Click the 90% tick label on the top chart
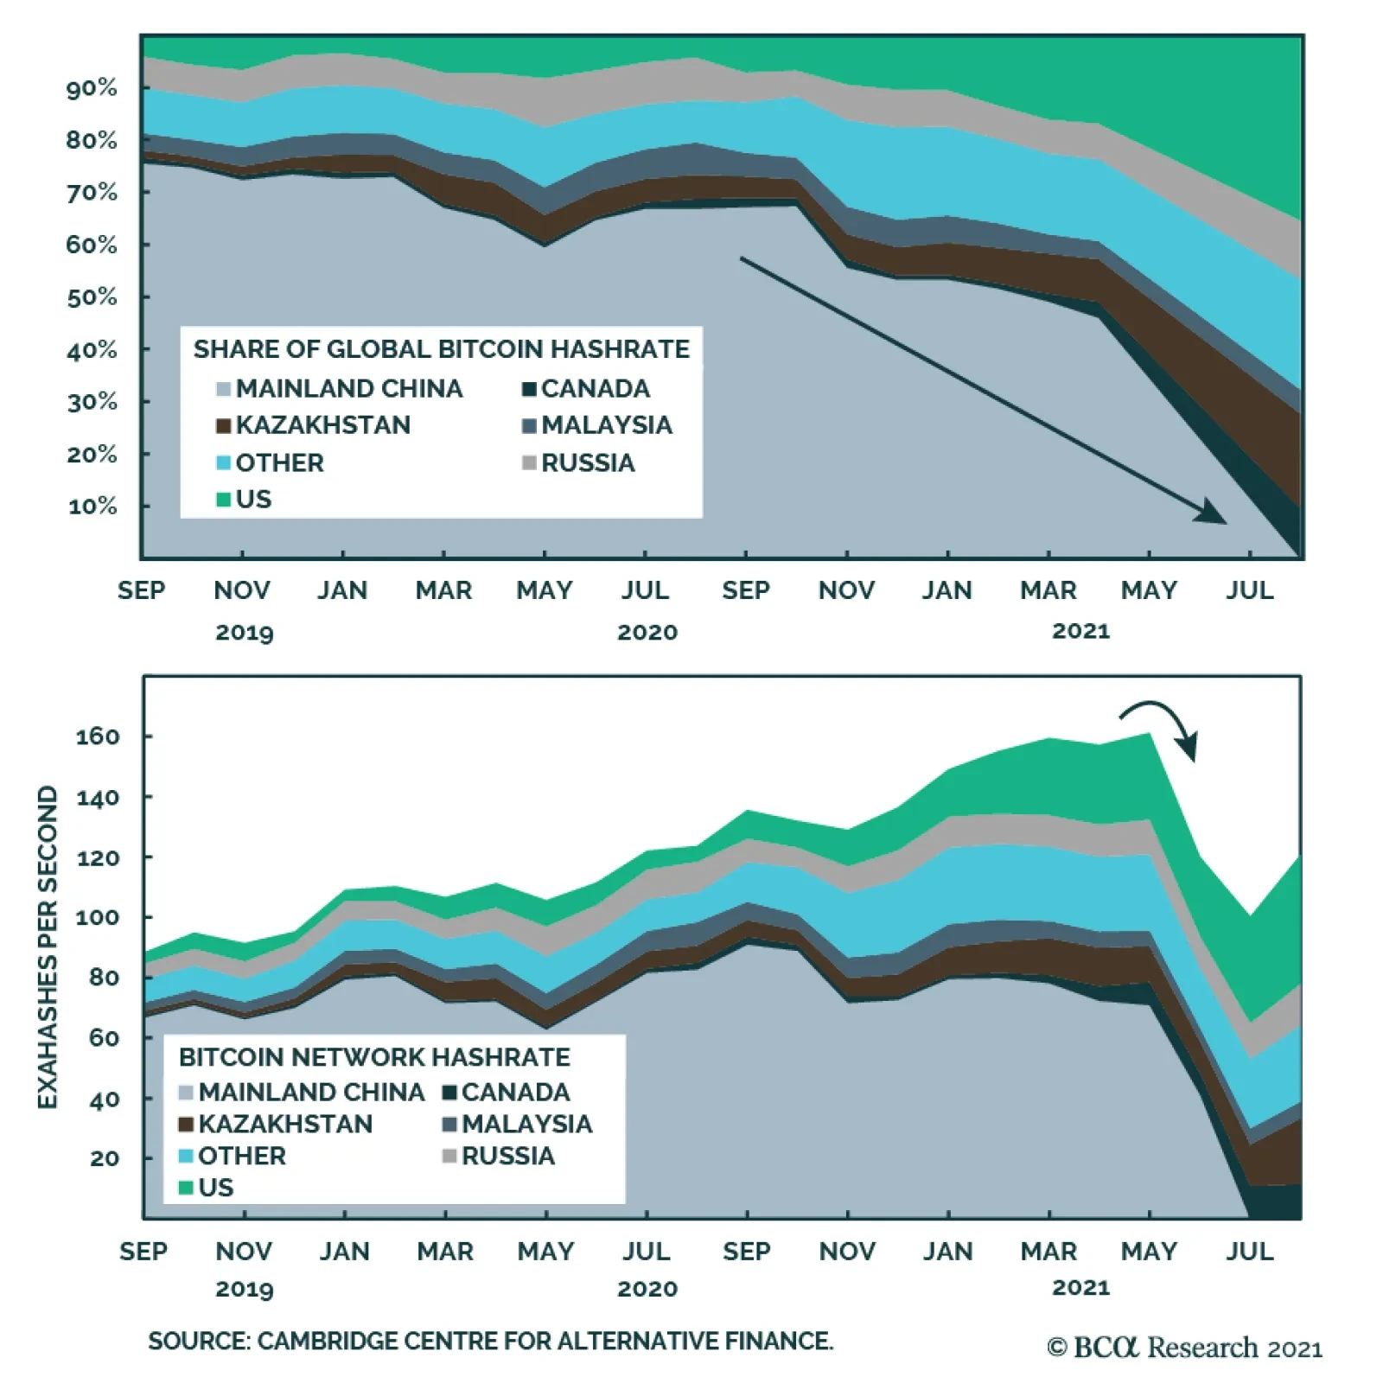tap(92, 88)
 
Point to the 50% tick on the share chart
tap(92, 297)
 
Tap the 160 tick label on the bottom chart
tap(98, 736)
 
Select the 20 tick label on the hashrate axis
tap(105, 1158)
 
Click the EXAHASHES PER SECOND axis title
tap(48, 947)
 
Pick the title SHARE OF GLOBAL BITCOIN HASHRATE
tap(441, 349)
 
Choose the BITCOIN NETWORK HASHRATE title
tap(374, 1057)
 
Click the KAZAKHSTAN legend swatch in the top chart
tap(224, 426)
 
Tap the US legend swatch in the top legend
tap(224, 500)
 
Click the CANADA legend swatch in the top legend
tap(530, 389)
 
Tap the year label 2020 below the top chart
tap(647, 633)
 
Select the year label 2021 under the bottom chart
tap(1080, 1287)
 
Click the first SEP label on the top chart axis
tap(142, 590)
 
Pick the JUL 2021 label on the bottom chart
tap(1250, 1251)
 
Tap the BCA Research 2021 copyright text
tap(1184, 1348)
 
